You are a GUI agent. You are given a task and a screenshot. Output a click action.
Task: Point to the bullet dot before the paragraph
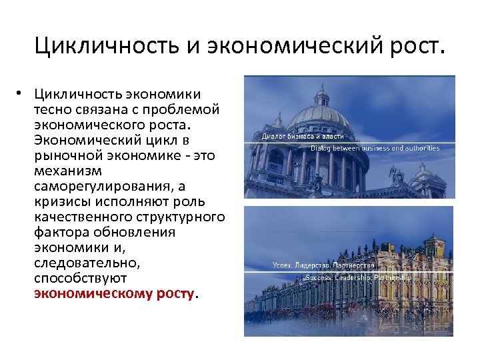click(x=22, y=94)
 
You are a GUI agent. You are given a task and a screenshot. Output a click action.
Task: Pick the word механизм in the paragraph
click(x=65, y=170)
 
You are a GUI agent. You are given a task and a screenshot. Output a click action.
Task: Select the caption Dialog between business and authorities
click(x=375, y=148)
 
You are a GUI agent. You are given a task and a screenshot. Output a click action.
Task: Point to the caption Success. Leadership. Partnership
click(x=358, y=277)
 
